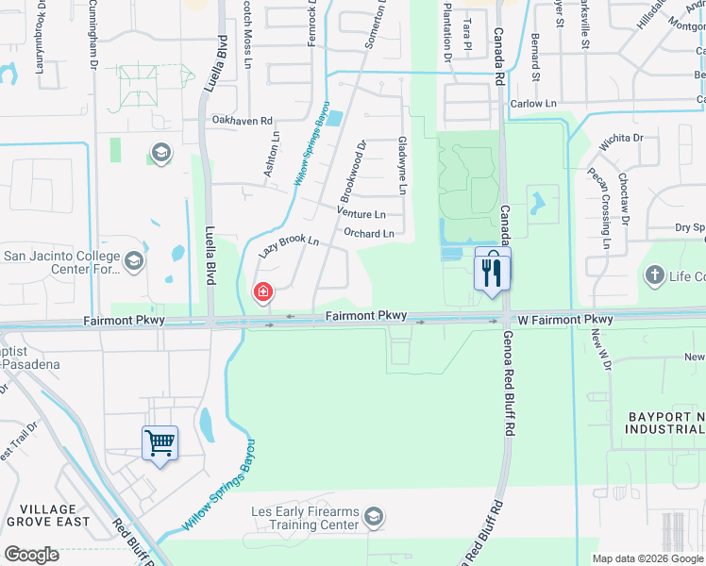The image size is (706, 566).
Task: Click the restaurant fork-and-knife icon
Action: coord(492,273)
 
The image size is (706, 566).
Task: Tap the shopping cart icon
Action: coord(160,441)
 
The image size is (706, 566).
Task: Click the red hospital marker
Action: coord(261,293)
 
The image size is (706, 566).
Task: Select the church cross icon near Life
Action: coord(653,275)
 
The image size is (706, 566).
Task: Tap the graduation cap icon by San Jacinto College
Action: coord(133,260)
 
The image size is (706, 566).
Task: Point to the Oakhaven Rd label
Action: coord(242,121)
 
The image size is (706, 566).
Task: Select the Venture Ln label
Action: coord(361,214)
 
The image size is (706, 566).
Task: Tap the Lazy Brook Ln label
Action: coord(289,247)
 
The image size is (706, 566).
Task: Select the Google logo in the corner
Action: coord(31,555)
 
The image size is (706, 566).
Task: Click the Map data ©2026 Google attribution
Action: coord(647,558)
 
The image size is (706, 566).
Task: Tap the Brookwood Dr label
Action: coord(351,170)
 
